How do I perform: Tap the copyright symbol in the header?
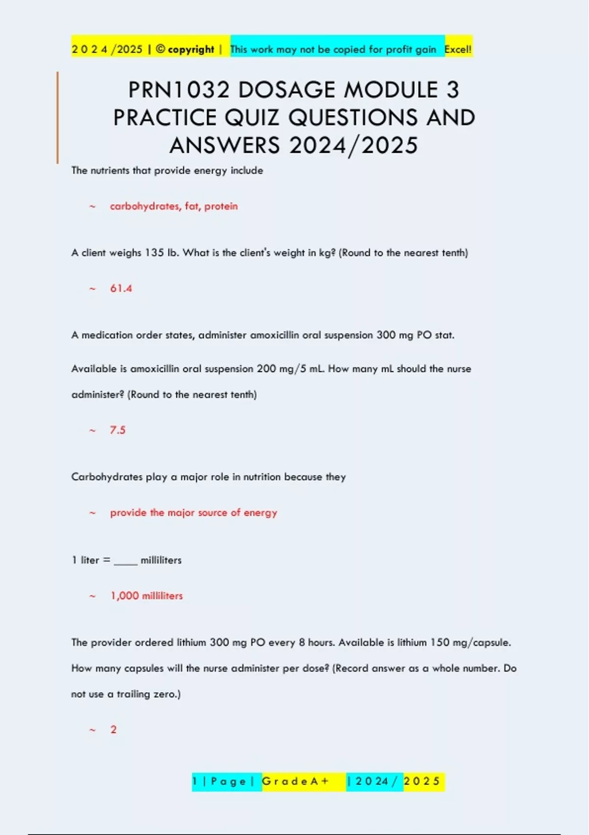point(161,49)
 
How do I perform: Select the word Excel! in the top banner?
point(458,49)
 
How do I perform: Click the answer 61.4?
point(121,288)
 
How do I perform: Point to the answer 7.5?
point(118,430)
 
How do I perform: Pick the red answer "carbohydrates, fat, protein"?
point(174,206)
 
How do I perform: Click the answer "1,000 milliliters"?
point(147,596)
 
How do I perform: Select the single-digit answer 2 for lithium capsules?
point(113,729)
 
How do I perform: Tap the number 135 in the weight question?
point(154,253)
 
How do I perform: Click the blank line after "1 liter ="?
point(126,562)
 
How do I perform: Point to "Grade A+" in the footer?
point(295,781)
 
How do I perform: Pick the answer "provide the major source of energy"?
point(193,513)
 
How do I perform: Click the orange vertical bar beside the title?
point(57,118)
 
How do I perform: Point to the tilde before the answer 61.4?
point(92,289)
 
